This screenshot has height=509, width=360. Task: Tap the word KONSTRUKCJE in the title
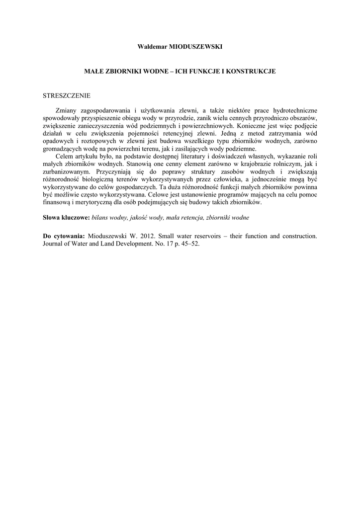click(x=252, y=72)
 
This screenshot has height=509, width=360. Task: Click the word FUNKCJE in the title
click(x=201, y=72)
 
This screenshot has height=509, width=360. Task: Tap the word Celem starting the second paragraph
click(x=66, y=157)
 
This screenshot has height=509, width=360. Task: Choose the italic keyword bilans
click(x=101, y=218)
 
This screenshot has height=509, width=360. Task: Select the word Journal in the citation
click(x=54, y=244)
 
